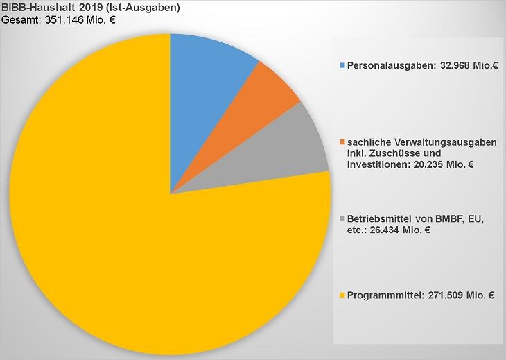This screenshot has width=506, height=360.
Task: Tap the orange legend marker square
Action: click(x=342, y=142)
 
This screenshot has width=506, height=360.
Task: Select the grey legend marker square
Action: click(x=342, y=220)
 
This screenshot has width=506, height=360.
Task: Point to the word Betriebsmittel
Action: click(x=378, y=220)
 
